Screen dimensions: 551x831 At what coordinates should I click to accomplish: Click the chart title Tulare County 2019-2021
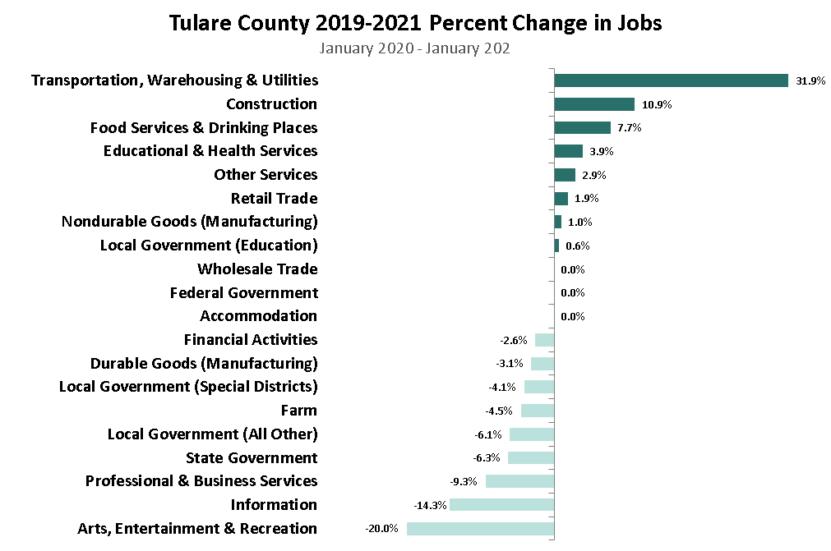tap(415, 23)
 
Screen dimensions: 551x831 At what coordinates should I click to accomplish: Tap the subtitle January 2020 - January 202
tap(415, 48)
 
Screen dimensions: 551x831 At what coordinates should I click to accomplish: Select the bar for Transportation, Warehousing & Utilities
tap(671, 80)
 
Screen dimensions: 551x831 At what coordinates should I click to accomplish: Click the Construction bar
tap(593, 104)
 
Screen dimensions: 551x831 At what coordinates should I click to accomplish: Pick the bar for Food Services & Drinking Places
tap(582, 128)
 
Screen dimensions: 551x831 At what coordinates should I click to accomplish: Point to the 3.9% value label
tap(602, 152)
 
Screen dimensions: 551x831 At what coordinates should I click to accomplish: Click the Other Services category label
tap(265, 175)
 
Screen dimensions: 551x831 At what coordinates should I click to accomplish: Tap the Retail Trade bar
tap(561, 199)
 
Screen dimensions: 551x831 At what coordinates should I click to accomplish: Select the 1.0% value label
tap(579, 223)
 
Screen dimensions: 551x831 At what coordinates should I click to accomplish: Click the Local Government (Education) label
tap(209, 246)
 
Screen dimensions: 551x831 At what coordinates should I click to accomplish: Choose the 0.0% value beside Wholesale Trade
tap(572, 269)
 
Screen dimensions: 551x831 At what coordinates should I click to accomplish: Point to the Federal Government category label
tap(243, 293)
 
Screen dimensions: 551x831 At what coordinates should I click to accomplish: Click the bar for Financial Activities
tap(544, 340)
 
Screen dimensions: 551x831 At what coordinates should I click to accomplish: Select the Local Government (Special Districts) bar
tap(539, 387)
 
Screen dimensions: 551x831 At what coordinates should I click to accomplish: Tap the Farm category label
tap(298, 411)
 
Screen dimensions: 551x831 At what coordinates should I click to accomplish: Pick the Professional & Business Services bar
tap(519, 481)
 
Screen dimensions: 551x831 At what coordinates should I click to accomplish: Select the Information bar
tap(501, 505)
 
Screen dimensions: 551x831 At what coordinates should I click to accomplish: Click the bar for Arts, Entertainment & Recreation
tap(480, 529)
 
